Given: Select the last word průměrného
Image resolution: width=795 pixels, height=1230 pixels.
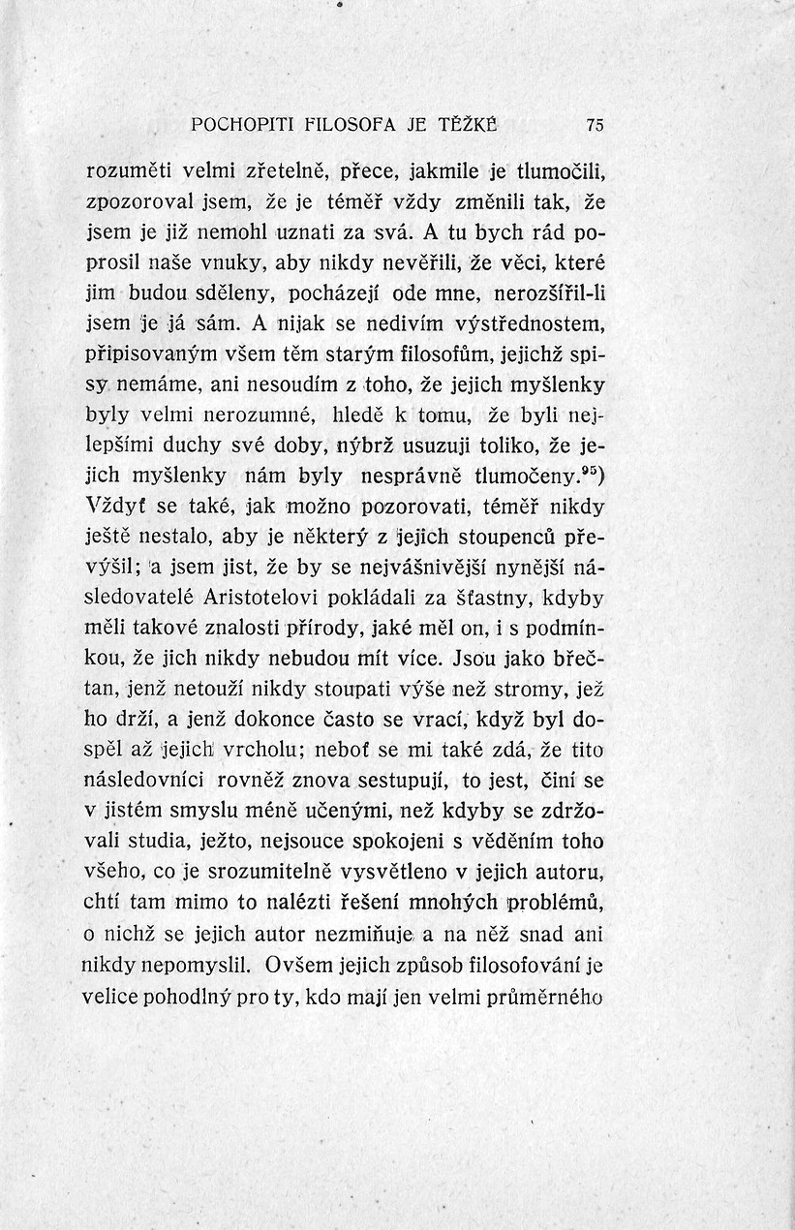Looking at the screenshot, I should pos(549,996).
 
